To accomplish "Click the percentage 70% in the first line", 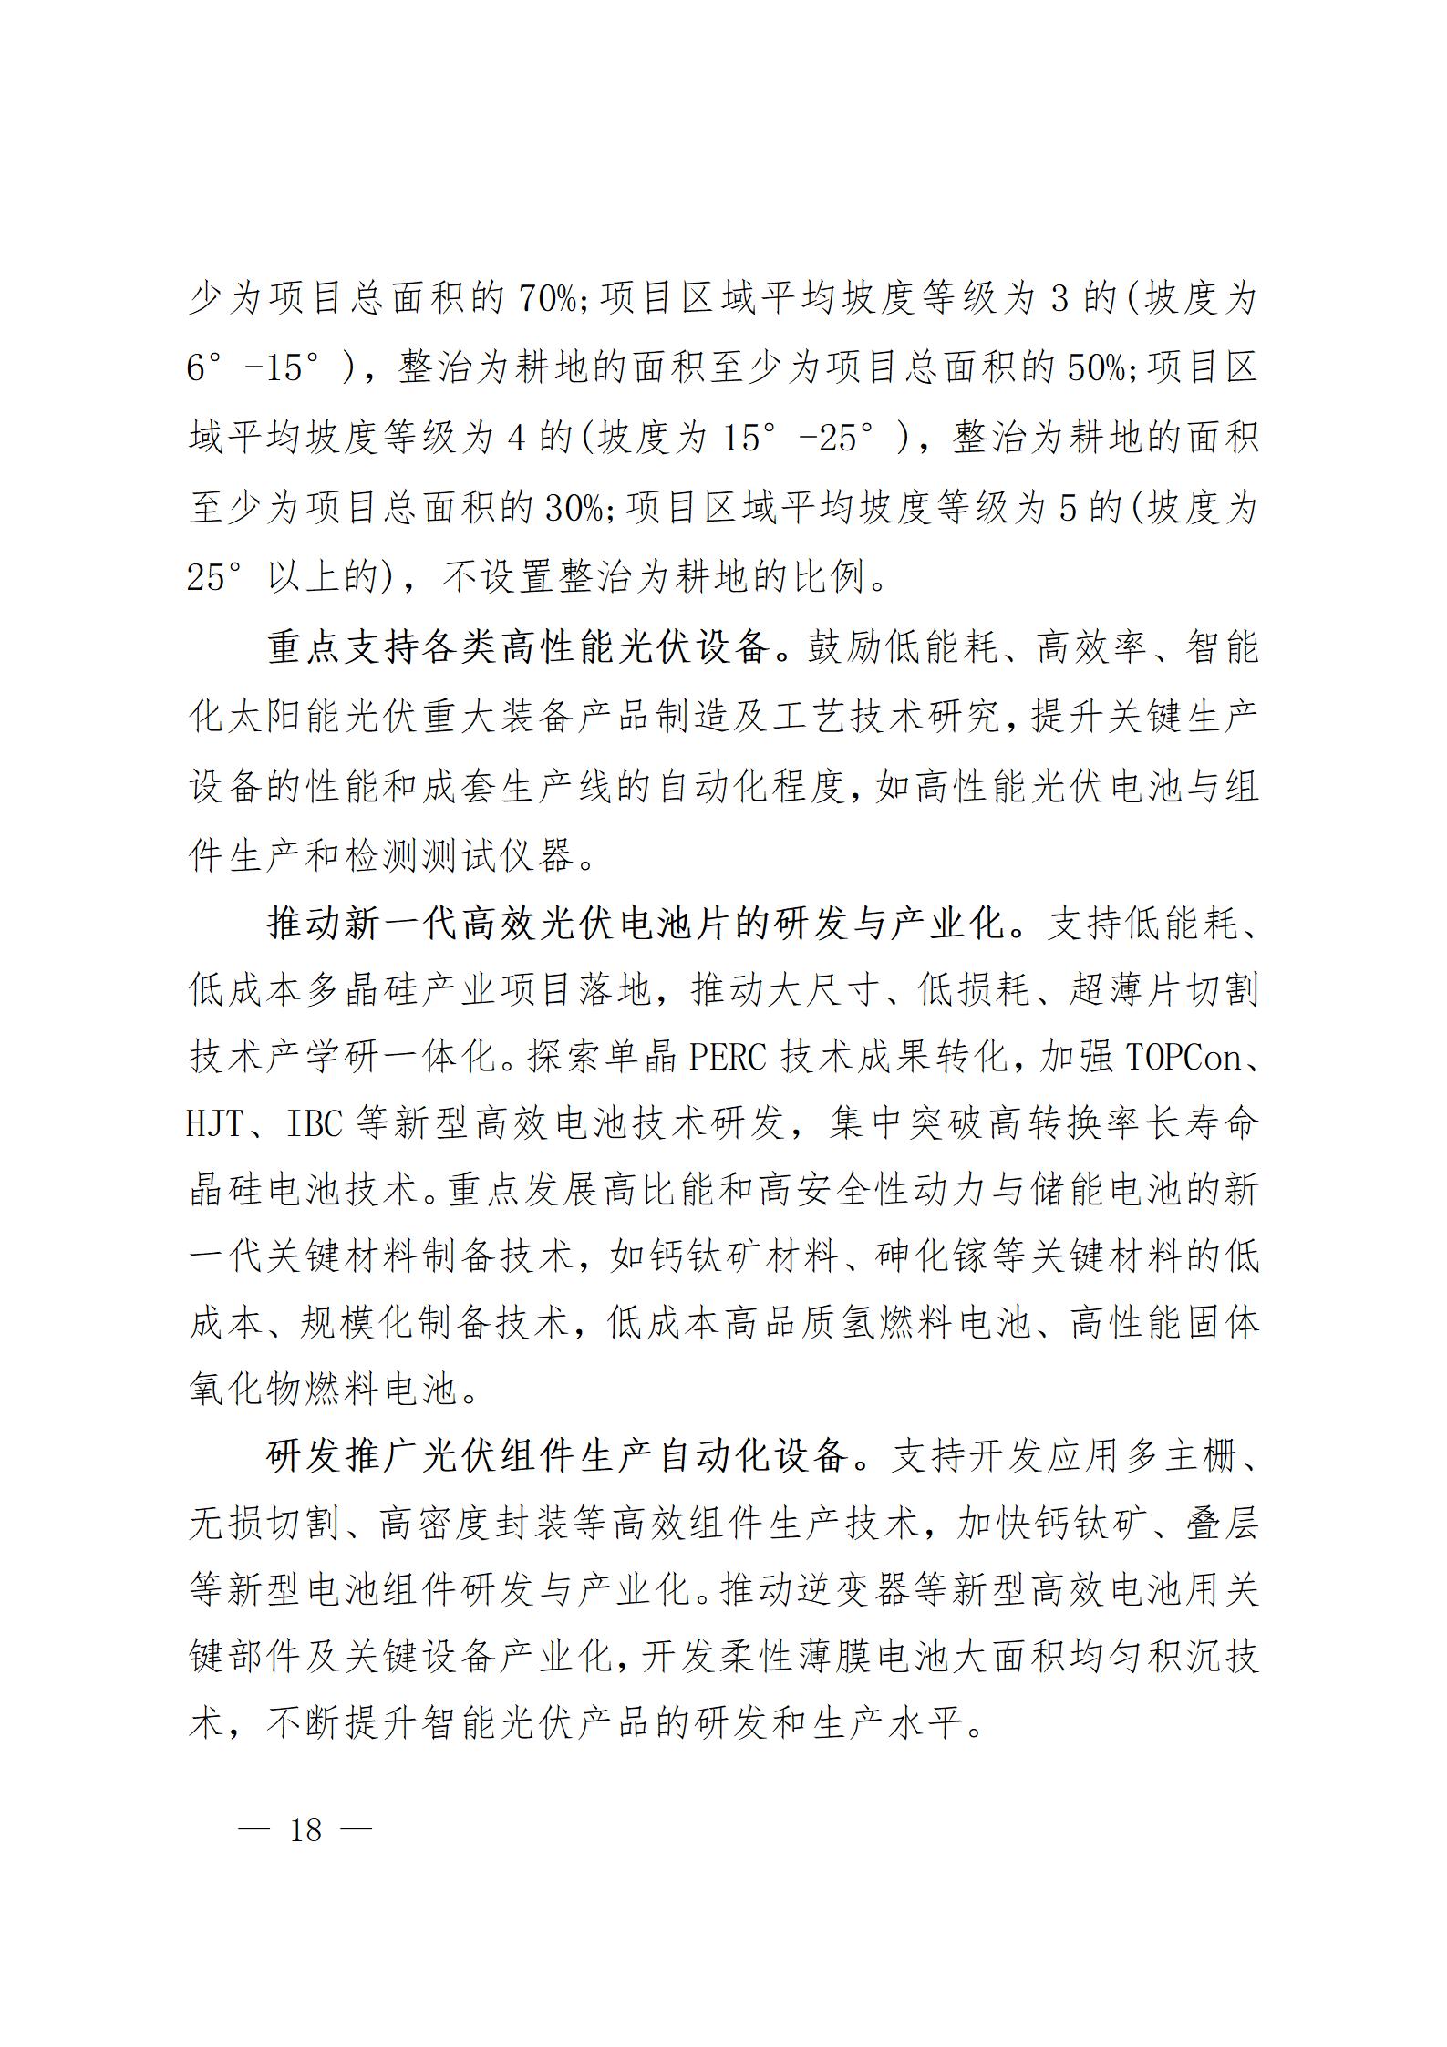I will tap(546, 298).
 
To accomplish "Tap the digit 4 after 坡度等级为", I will tap(515, 438).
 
